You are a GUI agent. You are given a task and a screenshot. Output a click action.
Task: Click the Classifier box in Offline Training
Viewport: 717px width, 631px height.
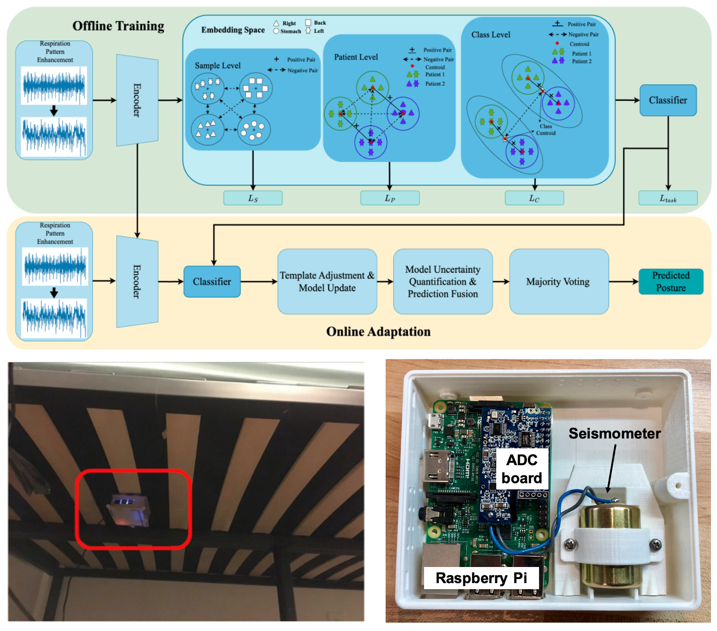[x=668, y=100]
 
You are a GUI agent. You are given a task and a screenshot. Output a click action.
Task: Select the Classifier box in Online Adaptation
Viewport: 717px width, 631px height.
[x=212, y=282]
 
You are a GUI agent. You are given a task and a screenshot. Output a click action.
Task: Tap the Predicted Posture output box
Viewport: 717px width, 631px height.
[x=671, y=282]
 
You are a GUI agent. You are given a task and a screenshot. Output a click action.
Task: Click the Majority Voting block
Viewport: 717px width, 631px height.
[x=558, y=282]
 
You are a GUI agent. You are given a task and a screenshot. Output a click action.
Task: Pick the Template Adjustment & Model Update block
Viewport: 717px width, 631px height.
[x=327, y=282]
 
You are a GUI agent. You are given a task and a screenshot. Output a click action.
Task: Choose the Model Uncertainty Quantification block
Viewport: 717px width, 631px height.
[x=443, y=282]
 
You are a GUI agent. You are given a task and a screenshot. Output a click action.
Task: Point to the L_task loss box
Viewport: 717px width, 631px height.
[x=668, y=199]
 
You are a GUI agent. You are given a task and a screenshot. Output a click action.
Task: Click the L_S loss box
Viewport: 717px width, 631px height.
[x=253, y=199]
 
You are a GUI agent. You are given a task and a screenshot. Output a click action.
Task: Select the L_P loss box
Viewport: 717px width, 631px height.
[x=390, y=199]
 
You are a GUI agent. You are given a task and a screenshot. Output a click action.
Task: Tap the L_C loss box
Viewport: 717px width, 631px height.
[x=534, y=199]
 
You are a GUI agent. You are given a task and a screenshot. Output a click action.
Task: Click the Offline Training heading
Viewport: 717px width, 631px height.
[x=118, y=26]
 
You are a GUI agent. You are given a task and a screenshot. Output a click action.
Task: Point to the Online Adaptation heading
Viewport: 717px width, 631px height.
[x=378, y=332]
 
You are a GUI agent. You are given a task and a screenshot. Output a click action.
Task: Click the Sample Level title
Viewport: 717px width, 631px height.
[x=218, y=66]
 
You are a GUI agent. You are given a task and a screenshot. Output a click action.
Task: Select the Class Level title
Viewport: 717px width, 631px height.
[x=491, y=35]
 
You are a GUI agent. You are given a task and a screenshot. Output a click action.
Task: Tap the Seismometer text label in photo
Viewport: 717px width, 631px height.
[x=614, y=433]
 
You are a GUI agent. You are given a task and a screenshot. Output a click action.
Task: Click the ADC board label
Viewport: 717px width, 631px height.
[x=522, y=469]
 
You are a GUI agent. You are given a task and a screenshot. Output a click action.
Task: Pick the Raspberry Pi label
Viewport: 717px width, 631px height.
[x=481, y=578]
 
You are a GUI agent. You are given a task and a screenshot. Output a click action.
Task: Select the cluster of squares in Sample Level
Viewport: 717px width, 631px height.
[x=255, y=88]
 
